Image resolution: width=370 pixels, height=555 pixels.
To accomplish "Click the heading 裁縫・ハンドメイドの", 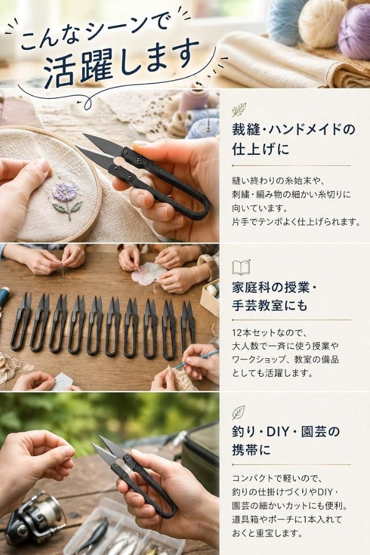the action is pyautogui.click(x=293, y=129).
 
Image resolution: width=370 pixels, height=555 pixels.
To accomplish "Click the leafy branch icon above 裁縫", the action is pyautogui.click(x=239, y=110).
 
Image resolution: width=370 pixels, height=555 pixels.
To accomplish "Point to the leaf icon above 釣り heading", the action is pyautogui.click(x=239, y=413).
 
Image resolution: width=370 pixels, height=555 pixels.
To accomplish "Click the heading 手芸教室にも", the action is pyautogui.click(x=269, y=305).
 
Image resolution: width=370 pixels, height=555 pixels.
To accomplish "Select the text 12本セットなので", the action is pyautogui.click(x=271, y=333).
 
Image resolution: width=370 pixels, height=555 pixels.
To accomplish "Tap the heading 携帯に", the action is pyautogui.click(x=251, y=450).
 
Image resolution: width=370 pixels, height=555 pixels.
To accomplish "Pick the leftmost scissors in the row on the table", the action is pyautogui.click(x=21, y=323).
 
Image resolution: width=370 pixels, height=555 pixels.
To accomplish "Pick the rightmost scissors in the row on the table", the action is pyautogui.click(x=187, y=325).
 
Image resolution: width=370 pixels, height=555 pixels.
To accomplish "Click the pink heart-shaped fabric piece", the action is pyautogui.click(x=149, y=273).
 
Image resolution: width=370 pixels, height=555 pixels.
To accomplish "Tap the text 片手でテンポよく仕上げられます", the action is pyautogui.click(x=296, y=222).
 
